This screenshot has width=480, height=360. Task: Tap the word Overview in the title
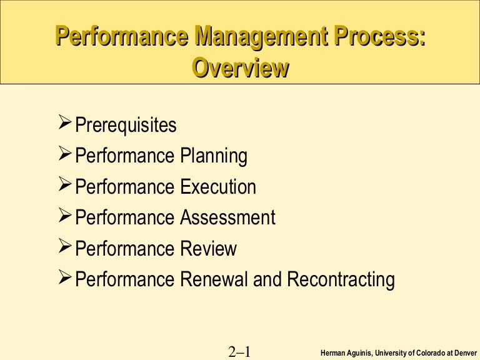[x=240, y=67]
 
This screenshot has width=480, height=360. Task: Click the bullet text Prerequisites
[x=126, y=125]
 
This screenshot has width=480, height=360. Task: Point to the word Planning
[x=214, y=156]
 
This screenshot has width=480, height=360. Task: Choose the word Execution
[x=218, y=187]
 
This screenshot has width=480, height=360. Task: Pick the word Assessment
[x=227, y=217]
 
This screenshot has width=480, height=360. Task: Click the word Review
[x=208, y=248]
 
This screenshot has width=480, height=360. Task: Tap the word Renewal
[x=214, y=279]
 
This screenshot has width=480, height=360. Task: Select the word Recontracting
[x=341, y=279]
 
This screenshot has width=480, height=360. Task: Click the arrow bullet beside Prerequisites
[x=64, y=124]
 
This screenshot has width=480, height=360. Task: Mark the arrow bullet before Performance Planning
[x=64, y=154]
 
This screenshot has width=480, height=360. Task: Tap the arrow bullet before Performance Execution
[x=64, y=185]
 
